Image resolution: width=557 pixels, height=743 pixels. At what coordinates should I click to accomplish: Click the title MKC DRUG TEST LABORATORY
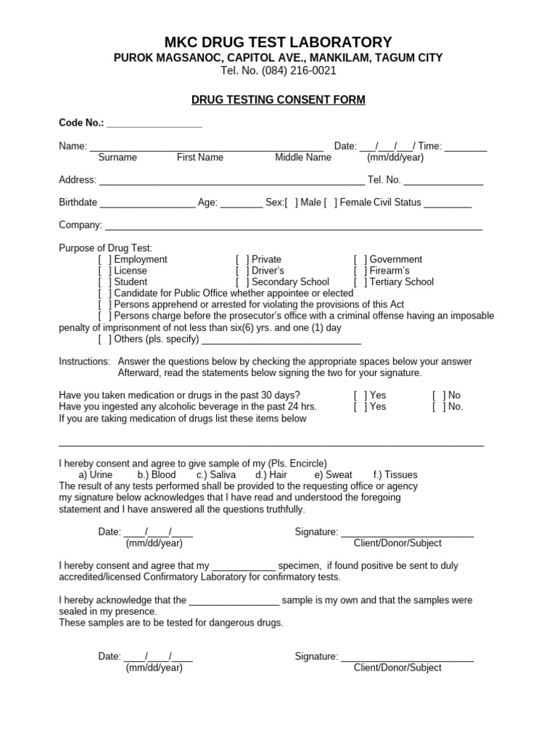[278, 41]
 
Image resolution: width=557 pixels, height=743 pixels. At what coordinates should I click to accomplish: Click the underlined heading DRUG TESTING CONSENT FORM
[278, 100]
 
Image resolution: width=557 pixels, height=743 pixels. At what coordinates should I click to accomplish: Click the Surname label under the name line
[117, 157]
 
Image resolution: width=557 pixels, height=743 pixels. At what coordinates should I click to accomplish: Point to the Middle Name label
[302, 157]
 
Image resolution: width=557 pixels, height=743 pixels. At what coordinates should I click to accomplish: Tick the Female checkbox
[330, 203]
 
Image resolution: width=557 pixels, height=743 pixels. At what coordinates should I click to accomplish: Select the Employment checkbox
[105, 260]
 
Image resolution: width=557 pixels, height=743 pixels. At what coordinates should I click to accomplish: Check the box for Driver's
[243, 271]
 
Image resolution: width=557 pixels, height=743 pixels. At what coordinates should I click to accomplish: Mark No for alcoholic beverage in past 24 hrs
[440, 407]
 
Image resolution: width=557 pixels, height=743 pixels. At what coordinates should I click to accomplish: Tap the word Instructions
[84, 361]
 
